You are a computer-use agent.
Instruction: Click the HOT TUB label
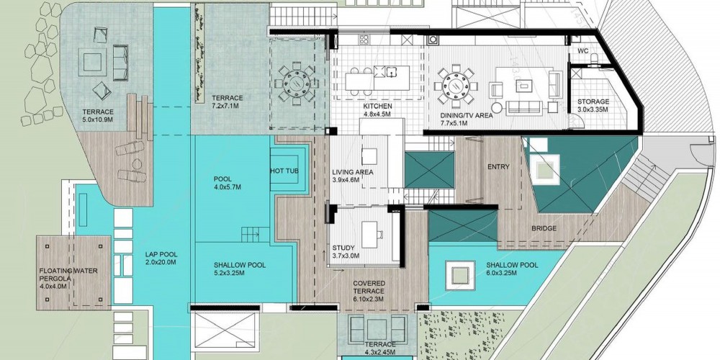pyautogui.click(x=284, y=171)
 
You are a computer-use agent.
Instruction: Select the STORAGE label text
pyautogui.click(x=593, y=102)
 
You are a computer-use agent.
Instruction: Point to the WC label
pyautogui.click(x=582, y=50)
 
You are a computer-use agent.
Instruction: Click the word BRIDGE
pyautogui.click(x=544, y=228)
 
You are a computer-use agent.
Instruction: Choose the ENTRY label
pyautogui.click(x=499, y=167)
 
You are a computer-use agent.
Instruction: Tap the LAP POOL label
pyautogui.click(x=161, y=254)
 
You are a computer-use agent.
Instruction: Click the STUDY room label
pyautogui.click(x=343, y=248)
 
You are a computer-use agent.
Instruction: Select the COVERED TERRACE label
pyautogui.click(x=369, y=287)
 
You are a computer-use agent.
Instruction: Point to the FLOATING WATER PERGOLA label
pyautogui.click(x=68, y=274)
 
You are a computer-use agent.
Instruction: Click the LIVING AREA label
pyautogui.click(x=353, y=172)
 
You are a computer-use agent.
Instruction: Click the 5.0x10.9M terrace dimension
pyautogui.click(x=98, y=120)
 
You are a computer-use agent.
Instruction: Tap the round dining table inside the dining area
pyautogui.click(x=457, y=86)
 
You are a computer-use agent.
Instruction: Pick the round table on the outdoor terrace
pyautogui.click(x=297, y=84)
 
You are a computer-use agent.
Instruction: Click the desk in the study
pyautogui.click(x=369, y=235)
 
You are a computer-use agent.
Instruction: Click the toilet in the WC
pyautogui.click(x=594, y=58)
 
